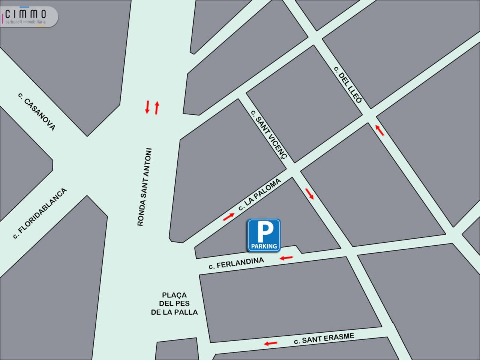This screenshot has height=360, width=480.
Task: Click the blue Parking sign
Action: tap(264, 235)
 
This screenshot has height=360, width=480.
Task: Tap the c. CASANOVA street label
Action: tap(36, 111)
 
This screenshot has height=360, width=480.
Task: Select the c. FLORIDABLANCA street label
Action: tap(39, 213)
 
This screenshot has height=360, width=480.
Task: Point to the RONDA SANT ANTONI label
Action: tap(144, 187)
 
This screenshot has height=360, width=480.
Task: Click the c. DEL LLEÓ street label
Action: tap(348, 85)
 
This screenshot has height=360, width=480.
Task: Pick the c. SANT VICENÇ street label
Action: tap(268, 135)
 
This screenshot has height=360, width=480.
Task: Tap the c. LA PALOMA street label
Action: tap(259, 195)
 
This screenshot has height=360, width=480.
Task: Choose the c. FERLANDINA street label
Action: tap(236, 263)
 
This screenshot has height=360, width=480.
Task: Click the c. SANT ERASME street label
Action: tap(324, 339)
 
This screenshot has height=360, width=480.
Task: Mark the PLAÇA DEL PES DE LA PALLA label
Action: tap(174, 303)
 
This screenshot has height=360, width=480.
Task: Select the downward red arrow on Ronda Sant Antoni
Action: tap(147, 107)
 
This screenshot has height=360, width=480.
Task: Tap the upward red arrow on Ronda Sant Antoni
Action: tap(157, 108)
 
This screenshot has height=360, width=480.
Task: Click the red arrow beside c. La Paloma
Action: tap(229, 216)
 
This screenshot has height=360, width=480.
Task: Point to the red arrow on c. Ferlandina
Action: tap(286, 258)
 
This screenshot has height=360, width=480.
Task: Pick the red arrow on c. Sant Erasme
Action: tap(270, 343)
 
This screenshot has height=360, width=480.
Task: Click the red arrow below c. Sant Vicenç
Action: tap(309, 193)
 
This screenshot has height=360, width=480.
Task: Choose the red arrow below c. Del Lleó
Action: tap(379, 130)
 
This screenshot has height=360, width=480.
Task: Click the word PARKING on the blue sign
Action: tap(264, 246)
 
